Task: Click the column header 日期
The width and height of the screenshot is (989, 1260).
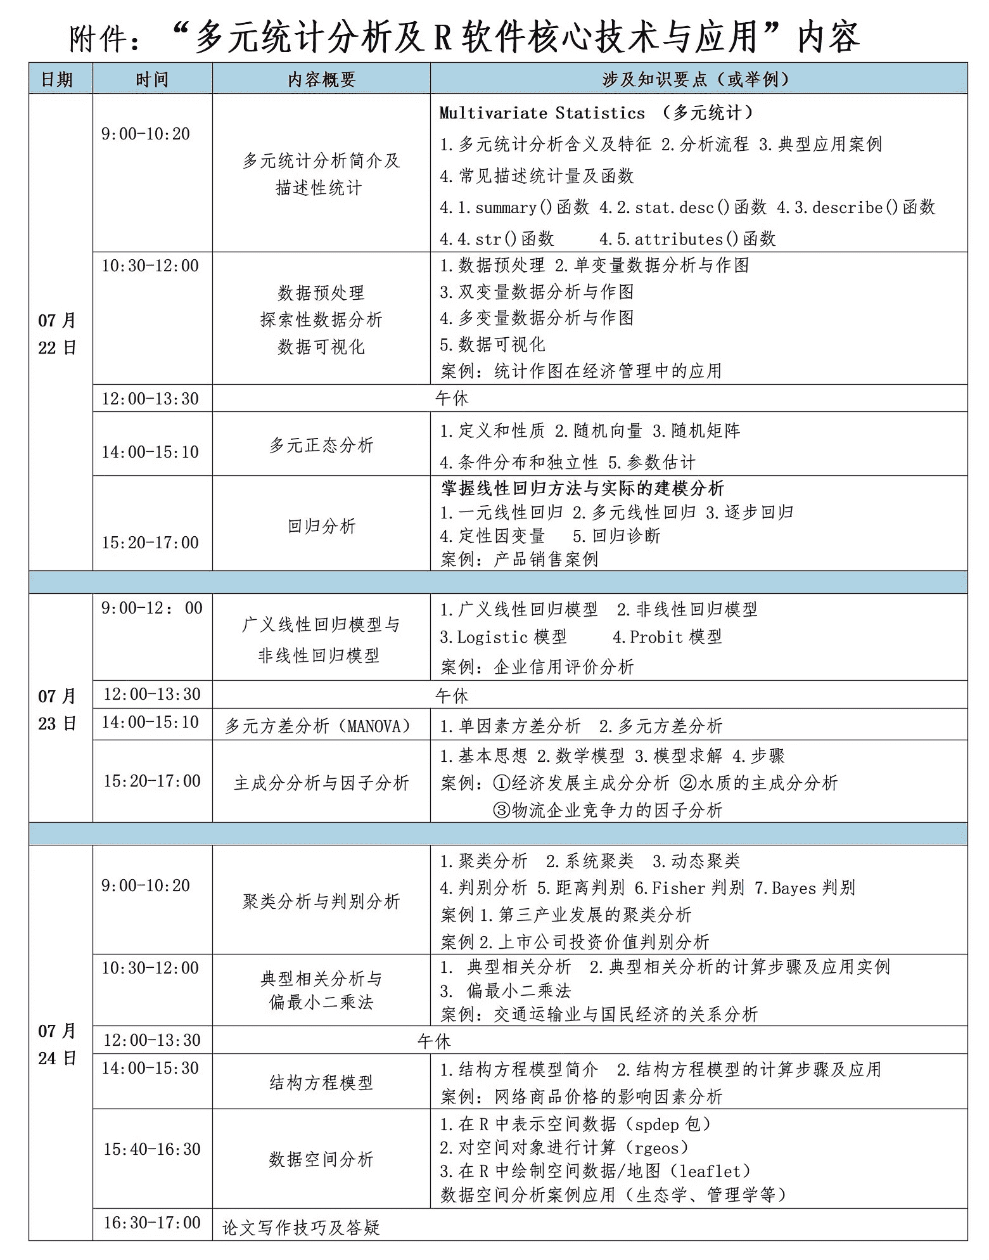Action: pyautogui.click(x=57, y=79)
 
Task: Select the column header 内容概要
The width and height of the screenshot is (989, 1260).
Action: pyautogui.click(x=321, y=79)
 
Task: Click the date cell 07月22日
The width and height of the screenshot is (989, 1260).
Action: pyautogui.click(x=57, y=333)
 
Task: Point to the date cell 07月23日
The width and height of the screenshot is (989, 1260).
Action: pyautogui.click(x=57, y=709)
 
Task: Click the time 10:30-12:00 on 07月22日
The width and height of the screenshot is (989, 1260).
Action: pyautogui.click(x=150, y=266)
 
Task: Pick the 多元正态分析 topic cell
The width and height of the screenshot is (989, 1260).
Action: pyautogui.click(x=321, y=445)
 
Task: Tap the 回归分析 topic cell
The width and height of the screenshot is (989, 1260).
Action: pyautogui.click(x=321, y=525)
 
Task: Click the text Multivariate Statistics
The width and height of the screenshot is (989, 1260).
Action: pyautogui.click(x=542, y=113)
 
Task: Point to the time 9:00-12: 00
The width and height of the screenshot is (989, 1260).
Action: pyautogui.click(x=152, y=608)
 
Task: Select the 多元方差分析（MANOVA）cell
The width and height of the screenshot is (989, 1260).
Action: pyautogui.click(x=319, y=726)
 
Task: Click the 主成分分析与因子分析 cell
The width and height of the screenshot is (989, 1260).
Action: pyautogui.click(x=321, y=783)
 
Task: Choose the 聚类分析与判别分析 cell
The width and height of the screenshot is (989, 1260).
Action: pyautogui.click(x=321, y=901)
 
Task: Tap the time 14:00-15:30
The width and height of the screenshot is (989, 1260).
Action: pyautogui.click(x=150, y=1068)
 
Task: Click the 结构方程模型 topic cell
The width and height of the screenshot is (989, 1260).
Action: pyautogui.click(x=321, y=1082)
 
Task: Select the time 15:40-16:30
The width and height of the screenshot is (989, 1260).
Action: pyautogui.click(x=152, y=1149)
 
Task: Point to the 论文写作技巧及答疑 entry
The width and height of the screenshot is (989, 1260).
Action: pyautogui.click(x=301, y=1227)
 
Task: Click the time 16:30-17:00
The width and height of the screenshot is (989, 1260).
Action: pyautogui.click(x=152, y=1222)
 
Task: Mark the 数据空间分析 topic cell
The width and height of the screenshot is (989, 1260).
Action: pyautogui.click(x=321, y=1159)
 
